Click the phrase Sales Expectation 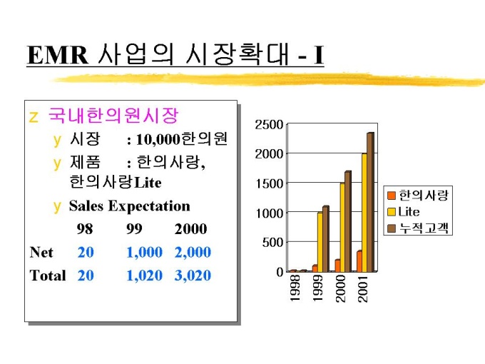tap(129, 206)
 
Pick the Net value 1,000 tap(144, 252)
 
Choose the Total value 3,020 tap(193, 275)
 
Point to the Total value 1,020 tap(144, 275)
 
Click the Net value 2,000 tap(193, 252)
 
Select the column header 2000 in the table tap(190, 229)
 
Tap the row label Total tap(48, 275)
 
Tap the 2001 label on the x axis tap(362, 288)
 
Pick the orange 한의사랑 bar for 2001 tap(359, 261)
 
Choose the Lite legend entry tap(409, 212)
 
